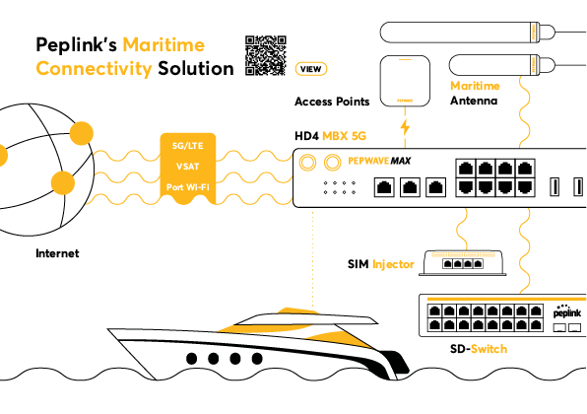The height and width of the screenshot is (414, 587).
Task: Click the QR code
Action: (266, 55)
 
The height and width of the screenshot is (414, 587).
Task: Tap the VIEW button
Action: (310, 69)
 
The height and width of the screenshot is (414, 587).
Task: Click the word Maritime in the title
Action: (163, 45)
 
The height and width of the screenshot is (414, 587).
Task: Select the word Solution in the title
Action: (196, 69)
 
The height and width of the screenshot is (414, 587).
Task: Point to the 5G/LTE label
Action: (187, 146)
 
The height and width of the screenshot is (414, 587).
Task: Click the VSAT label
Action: (187, 167)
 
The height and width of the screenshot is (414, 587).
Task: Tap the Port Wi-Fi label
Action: (187, 187)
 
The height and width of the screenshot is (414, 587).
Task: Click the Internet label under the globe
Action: (57, 253)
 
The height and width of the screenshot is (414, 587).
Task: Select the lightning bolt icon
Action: (405, 127)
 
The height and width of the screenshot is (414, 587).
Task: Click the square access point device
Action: (405, 81)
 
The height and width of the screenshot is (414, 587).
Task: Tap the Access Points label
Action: (332, 102)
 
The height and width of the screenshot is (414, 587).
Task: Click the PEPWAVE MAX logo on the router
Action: (379, 161)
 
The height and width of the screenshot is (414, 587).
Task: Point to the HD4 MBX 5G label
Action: (330, 136)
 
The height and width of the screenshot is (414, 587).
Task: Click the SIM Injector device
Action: (462, 263)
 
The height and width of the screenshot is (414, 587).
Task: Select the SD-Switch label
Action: (479, 349)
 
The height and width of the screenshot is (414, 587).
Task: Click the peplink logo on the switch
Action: (567, 311)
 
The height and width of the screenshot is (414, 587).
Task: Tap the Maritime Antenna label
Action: (475, 94)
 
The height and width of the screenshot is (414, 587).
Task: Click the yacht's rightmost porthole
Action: (257, 359)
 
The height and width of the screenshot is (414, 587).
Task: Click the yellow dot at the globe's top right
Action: (82, 133)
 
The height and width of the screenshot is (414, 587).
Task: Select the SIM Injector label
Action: (381, 264)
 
